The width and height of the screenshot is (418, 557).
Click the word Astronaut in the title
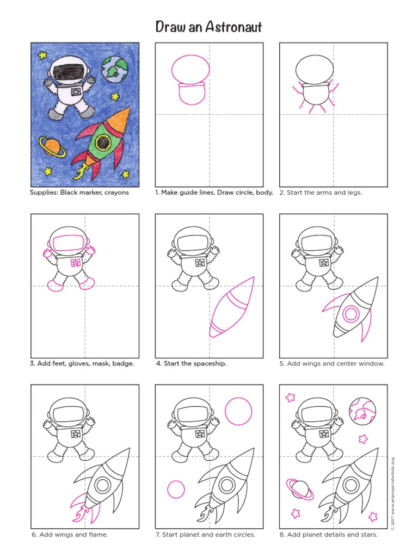click(235, 26)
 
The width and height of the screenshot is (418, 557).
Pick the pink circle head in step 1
click(190, 70)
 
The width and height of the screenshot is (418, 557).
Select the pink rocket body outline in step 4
click(231, 310)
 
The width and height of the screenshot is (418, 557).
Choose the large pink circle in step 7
click(238, 411)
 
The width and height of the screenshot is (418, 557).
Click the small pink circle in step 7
click(176, 490)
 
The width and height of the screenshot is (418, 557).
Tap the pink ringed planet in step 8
click(299, 489)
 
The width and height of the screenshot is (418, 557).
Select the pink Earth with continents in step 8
click(362, 411)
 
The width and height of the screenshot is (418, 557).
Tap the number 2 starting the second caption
click(281, 193)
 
